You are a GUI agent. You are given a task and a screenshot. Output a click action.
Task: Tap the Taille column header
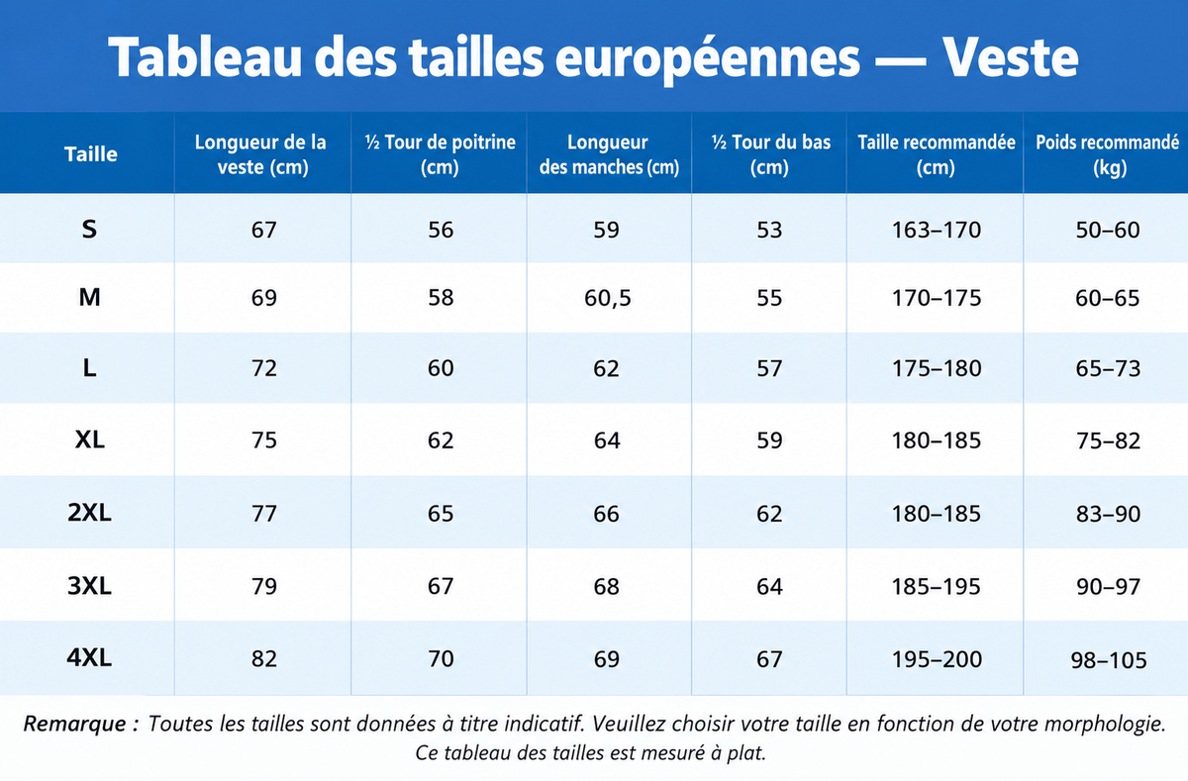91,154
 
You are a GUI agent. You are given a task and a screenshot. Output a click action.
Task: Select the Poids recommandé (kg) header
1108,154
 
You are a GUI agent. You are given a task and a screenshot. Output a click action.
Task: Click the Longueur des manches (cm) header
609,154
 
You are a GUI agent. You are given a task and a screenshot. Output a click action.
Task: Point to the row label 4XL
89,658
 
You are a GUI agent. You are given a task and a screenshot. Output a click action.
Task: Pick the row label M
89,297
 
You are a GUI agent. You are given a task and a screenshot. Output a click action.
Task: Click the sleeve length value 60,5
608,298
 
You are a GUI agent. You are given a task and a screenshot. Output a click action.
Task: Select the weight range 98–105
1109,660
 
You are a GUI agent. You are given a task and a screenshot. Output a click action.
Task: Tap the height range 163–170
937,230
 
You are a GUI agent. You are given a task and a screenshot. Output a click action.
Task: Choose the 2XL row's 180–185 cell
937,514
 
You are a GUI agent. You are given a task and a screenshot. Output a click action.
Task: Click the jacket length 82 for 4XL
263,659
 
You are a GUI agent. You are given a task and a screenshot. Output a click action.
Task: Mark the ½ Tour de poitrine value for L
441,368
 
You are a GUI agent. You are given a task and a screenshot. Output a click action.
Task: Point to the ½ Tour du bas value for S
769,230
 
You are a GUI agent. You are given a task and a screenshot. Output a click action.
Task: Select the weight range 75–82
1108,441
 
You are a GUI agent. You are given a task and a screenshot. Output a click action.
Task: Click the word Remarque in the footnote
75,725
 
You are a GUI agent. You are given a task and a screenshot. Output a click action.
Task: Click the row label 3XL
89,586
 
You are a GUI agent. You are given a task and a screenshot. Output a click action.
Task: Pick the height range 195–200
937,659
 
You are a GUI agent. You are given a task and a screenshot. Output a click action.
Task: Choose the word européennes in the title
708,59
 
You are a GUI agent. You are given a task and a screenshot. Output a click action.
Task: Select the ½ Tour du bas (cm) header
770,154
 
